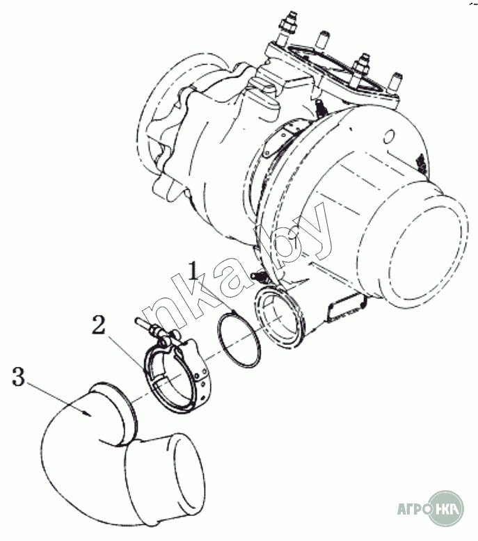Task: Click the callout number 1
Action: [193, 270]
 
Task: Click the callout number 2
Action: [98, 324]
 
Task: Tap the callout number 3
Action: [18, 376]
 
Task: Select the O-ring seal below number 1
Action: [239, 340]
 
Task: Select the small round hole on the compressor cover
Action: [388, 136]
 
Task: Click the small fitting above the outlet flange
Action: [260, 275]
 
